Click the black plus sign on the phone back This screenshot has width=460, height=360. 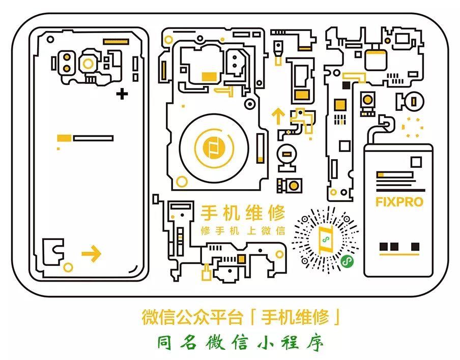point(122,94)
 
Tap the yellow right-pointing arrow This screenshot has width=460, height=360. point(92,253)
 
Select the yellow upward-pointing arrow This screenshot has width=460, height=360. point(278,116)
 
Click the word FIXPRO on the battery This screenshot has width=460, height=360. point(399,202)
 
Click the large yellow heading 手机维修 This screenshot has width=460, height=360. point(243,213)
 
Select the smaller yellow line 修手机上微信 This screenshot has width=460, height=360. point(243,230)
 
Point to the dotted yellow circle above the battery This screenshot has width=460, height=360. point(412,127)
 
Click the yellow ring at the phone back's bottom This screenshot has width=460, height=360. point(68,266)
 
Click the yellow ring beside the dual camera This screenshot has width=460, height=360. point(89,64)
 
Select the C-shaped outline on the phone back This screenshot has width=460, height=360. point(52,251)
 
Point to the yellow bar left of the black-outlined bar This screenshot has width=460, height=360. point(64,138)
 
